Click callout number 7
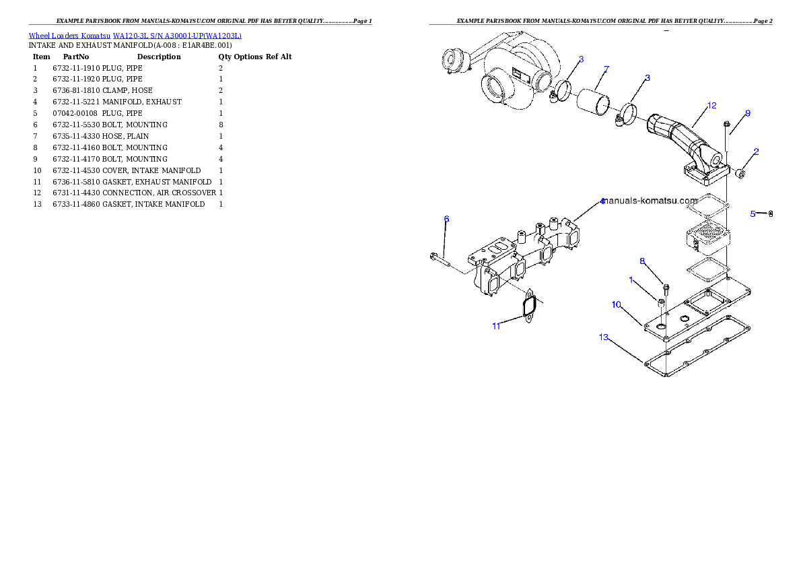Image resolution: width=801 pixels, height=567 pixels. (606, 69)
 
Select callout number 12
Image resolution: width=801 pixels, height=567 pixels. (711, 106)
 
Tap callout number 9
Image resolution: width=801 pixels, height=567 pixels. (747, 113)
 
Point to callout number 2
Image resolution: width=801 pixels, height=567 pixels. (756, 152)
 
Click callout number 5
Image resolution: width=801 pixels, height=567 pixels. (753, 213)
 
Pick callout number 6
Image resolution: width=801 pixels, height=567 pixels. (446, 219)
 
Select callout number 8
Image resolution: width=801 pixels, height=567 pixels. (642, 261)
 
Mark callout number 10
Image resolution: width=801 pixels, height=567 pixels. (616, 304)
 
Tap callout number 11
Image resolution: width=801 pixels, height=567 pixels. (496, 326)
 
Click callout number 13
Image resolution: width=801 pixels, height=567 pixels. (604, 337)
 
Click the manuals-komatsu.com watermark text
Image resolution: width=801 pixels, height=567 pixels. (650, 201)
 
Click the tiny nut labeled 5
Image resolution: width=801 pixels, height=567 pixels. (771, 214)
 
